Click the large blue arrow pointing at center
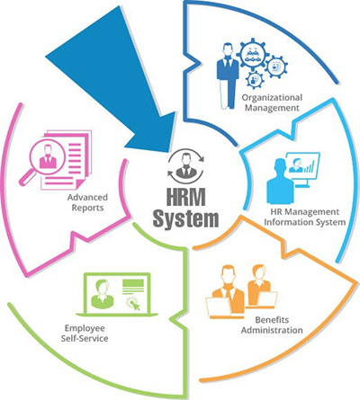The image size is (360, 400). (120, 84)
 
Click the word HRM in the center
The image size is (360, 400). (186, 197)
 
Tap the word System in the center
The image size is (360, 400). (185, 219)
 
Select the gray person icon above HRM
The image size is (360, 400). (186, 165)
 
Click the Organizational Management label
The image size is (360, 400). (272, 102)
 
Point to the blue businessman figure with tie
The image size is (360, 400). (228, 76)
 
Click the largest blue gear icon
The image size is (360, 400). (251, 54)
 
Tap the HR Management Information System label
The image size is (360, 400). (305, 217)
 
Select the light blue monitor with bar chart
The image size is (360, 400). (302, 169)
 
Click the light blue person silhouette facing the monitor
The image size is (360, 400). (280, 182)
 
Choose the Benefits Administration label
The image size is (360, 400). (272, 324)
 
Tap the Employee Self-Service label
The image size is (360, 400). (85, 333)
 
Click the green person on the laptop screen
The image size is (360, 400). (102, 294)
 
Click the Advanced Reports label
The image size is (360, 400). (87, 202)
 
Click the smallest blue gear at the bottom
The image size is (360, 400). (255, 79)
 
